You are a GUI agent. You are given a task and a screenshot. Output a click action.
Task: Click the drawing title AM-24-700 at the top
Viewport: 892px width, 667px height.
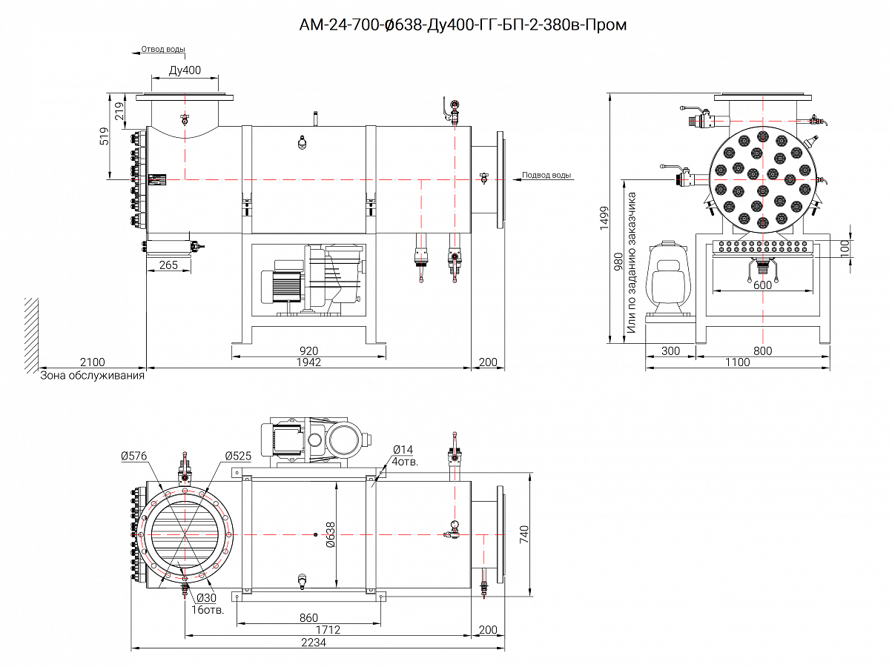coord(463,25)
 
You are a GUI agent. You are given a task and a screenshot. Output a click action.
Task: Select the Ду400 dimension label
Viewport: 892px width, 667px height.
coord(185,70)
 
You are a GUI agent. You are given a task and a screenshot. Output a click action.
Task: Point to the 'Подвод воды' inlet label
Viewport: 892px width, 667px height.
coord(546,176)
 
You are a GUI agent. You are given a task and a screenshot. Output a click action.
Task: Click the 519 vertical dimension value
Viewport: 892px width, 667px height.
coord(104,136)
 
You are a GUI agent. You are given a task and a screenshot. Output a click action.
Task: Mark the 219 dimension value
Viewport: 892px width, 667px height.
coord(119,110)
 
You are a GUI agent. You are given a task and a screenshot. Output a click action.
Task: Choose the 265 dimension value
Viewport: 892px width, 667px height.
coord(168,265)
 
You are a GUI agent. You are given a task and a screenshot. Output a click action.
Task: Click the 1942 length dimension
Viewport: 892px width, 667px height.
coord(308,362)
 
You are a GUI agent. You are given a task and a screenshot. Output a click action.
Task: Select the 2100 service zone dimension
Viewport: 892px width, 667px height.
coord(92,362)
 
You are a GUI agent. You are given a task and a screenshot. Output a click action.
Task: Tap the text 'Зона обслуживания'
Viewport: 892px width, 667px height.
coord(92,376)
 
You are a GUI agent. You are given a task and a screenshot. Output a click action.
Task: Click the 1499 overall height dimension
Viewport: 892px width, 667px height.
coord(604,219)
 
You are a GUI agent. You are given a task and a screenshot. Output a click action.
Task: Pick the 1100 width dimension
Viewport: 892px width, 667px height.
coord(736,362)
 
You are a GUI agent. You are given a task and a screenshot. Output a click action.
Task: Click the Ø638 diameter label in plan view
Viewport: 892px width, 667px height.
coord(331,534)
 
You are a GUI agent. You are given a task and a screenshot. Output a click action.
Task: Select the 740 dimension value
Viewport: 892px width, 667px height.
coord(523,534)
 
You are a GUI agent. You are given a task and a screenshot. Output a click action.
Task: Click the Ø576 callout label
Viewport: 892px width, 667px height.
coord(133,456)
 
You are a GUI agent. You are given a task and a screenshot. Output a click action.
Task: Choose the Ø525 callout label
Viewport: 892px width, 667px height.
coord(237,455)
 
